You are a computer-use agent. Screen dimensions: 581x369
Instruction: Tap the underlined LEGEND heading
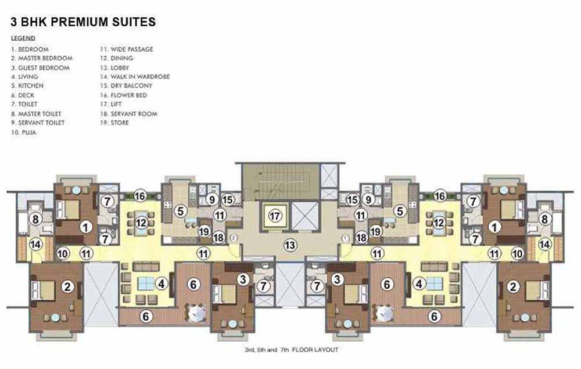coord(23,38)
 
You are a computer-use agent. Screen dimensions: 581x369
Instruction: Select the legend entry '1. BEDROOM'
coord(30,49)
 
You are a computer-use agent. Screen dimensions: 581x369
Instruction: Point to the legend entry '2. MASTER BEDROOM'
coord(41,58)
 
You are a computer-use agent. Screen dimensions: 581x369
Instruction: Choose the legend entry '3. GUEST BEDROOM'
coord(40,68)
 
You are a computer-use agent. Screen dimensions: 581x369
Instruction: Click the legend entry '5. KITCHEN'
coord(27,85)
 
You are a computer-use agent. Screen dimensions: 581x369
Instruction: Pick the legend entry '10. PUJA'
coord(23,132)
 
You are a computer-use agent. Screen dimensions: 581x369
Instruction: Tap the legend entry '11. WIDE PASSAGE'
coord(126,49)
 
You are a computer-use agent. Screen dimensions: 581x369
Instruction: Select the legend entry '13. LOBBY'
coord(114,68)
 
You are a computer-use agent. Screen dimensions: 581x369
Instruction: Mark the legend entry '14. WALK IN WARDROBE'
coord(135,77)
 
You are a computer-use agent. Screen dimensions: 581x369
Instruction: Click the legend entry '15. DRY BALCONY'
coord(126,85)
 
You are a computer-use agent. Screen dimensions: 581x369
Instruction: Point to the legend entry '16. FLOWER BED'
coord(123,95)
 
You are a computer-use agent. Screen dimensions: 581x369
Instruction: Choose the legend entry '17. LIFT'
coord(111,104)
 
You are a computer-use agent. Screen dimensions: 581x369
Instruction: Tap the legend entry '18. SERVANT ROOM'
coord(128,114)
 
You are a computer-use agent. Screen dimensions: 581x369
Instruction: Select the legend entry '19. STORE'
coord(114,123)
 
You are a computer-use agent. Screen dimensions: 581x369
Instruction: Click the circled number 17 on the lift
coord(275,216)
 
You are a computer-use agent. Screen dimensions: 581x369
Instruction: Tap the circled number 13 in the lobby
coord(290,245)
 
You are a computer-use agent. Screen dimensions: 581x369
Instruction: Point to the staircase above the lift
coord(281,181)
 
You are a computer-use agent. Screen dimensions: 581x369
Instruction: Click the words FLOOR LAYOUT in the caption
coord(315,349)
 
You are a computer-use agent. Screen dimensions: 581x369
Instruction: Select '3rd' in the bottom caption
coord(249,349)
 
